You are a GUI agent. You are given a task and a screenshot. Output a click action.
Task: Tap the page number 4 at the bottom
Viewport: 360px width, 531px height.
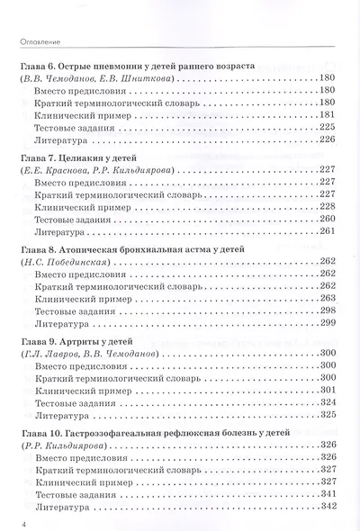pyautogui.click(x=13, y=519)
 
